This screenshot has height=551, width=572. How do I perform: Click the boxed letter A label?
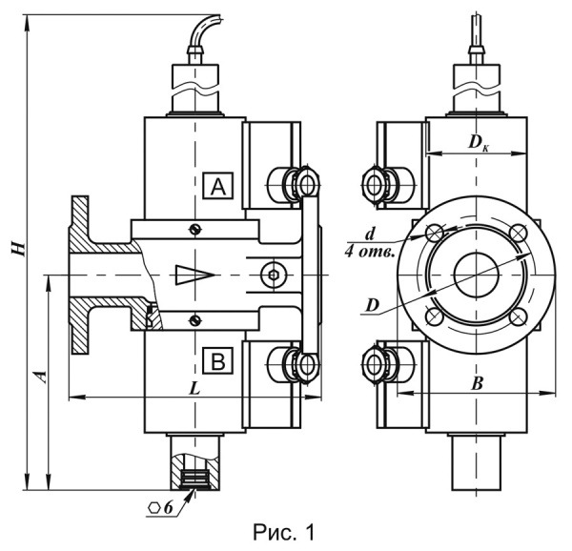218,186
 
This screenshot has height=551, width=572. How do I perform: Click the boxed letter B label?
218,361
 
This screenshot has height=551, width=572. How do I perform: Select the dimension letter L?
195,389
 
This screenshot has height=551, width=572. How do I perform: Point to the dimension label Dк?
479,143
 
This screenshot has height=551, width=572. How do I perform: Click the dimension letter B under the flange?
477,383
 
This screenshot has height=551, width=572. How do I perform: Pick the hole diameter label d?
370,234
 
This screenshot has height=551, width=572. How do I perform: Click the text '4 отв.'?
370,253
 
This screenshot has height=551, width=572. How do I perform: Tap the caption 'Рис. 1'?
283,533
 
